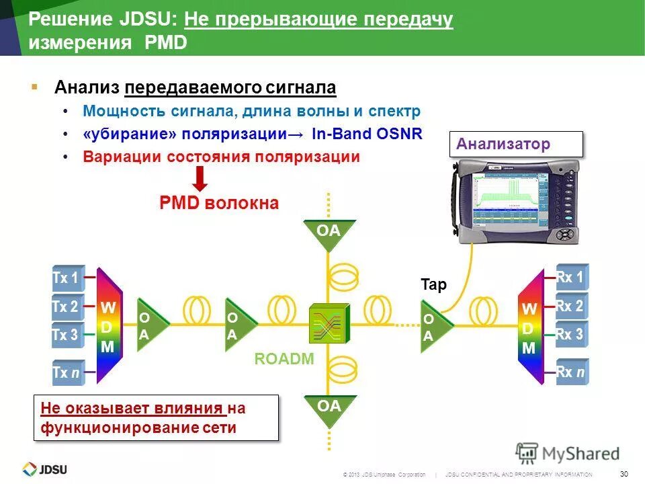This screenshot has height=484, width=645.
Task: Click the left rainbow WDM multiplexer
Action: click(x=108, y=327)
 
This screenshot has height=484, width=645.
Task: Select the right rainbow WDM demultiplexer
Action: click(x=530, y=327)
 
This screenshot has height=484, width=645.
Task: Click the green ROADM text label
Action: click(x=284, y=359)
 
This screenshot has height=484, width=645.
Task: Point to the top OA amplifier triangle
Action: click(x=329, y=234)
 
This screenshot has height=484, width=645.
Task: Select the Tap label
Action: click(x=433, y=285)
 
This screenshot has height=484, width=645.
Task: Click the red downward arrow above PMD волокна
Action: click(x=200, y=179)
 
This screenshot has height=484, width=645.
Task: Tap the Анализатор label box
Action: click(x=515, y=144)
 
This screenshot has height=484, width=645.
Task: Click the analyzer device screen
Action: click(x=511, y=198)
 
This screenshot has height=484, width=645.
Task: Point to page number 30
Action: click(x=624, y=472)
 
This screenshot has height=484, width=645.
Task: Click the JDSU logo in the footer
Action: click(x=45, y=469)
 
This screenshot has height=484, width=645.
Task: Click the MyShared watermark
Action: click(x=568, y=453)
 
